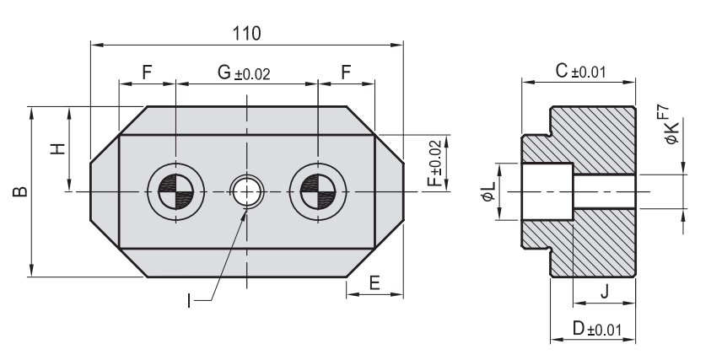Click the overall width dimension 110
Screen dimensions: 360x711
247,32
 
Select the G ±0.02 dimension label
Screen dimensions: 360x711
244,73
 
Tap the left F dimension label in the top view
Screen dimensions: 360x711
147,73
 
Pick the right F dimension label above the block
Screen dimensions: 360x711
345,73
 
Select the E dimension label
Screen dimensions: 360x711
374,284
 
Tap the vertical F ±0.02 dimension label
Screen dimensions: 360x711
434,164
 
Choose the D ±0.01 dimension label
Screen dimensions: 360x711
592,329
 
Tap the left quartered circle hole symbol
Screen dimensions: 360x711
175,192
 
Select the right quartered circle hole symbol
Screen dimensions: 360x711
317,192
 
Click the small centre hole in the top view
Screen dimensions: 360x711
246,192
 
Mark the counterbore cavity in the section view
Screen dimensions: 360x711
547,192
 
